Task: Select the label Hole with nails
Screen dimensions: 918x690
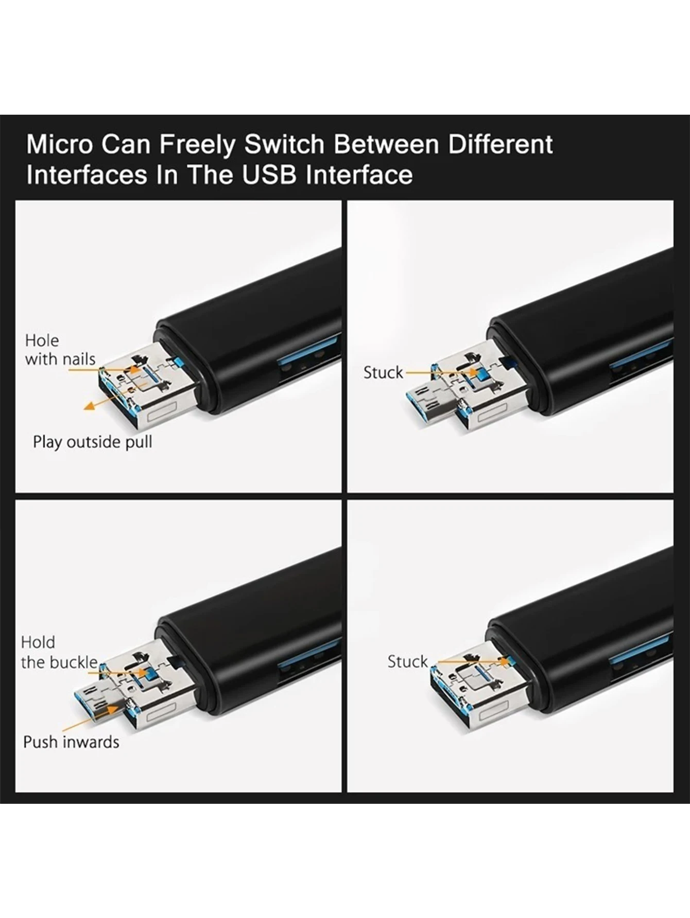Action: tap(59, 350)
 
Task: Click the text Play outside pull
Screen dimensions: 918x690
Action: tap(92, 442)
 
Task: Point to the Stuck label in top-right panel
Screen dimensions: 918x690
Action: tap(383, 372)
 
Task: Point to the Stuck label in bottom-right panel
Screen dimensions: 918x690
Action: tap(407, 661)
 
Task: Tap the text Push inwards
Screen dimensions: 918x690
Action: tap(71, 742)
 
